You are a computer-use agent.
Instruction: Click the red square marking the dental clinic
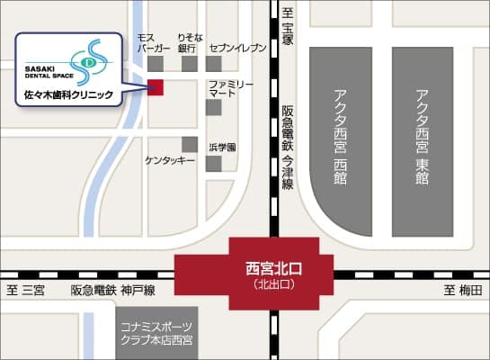(156, 86)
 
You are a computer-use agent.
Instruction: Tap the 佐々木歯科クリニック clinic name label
(68, 93)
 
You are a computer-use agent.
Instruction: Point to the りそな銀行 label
(187, 44)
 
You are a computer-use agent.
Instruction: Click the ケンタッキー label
(170, 160)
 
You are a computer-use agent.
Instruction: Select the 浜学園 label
(222, 147)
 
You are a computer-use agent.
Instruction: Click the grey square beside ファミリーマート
(213, 107)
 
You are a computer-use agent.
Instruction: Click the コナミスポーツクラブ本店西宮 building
(156, 334)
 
